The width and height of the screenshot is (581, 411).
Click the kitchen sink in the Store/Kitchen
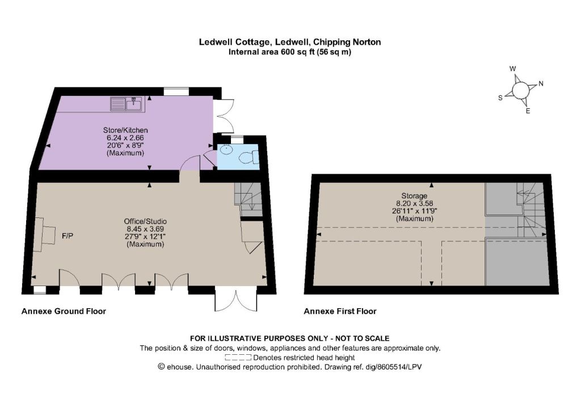[128, 104]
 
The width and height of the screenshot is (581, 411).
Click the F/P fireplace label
[68, 236]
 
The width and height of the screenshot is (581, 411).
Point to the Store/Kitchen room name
[125, 130]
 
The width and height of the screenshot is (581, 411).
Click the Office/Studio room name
[145, 221]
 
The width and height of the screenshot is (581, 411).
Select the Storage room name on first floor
[414, 196]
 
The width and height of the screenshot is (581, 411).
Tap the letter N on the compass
[541, 84]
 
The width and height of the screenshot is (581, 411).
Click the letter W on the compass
[513, 69]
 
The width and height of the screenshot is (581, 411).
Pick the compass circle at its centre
[520, 90]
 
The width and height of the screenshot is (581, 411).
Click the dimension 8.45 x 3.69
[145, 229]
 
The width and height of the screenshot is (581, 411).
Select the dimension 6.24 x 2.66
[125, 138]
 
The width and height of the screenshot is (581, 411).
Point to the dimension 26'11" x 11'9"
[415, 211]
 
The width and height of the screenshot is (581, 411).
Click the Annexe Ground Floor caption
[64, 311]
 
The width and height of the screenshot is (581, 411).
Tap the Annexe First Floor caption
[340, 311]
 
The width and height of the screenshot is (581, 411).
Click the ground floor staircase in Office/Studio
[249, 200]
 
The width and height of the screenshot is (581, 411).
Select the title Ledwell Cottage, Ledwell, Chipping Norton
[290, 42]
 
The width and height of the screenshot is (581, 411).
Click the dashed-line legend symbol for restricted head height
[238, 358]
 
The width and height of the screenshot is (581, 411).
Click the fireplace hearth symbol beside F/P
[44, 234]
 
